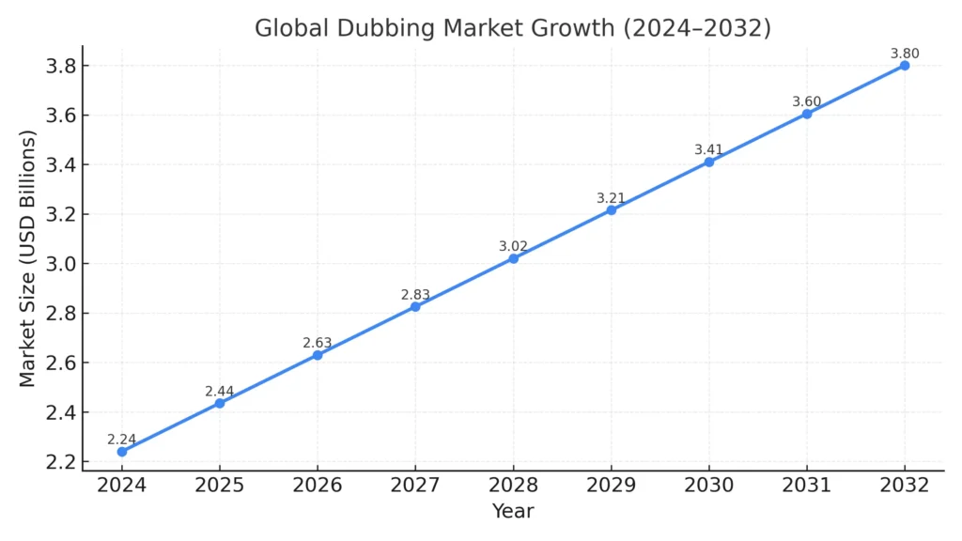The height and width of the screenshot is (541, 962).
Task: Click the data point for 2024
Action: coord(122,452)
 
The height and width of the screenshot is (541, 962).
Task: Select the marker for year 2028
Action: coord(513,258)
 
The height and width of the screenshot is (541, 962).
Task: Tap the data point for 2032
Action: coord(904,66)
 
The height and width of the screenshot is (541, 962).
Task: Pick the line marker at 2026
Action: coord(318,355)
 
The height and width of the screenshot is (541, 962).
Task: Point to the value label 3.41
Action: coord(709,149)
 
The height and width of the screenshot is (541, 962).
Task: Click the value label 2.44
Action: coord(220,391)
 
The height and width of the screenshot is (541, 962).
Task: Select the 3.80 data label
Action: coord(904,54)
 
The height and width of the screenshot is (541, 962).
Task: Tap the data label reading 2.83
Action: coord(415,295)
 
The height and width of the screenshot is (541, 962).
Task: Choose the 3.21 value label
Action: coord(612,198)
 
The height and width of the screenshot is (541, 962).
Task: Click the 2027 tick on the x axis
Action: coord(415,485)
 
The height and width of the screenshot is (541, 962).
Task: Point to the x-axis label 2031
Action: coord(806,485)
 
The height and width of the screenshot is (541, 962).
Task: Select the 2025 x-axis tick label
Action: coord(220,485)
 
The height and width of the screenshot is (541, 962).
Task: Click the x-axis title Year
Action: coord(513,512)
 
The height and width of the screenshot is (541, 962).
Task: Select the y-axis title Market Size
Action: coord(28,258)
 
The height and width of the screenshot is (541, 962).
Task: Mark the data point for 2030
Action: coord(709,162)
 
